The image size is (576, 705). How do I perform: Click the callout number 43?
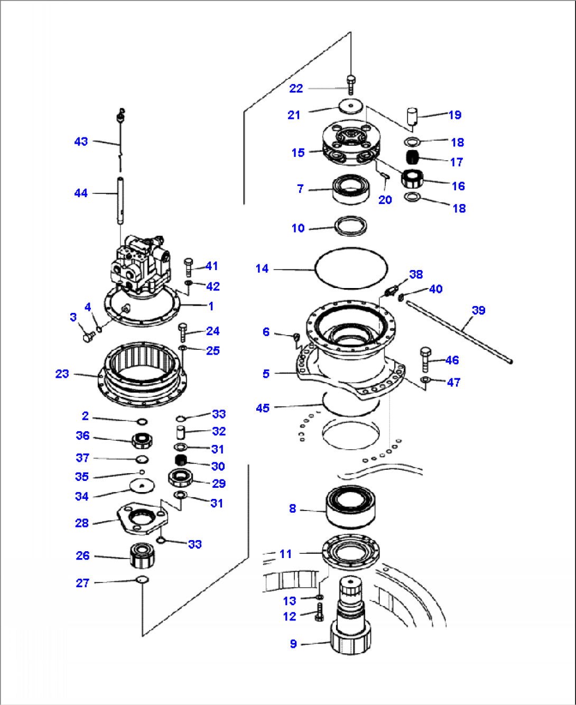(x=81, y=142)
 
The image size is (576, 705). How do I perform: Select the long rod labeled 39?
(x=460, y=331)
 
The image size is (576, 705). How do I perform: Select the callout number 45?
(x=263, y=408)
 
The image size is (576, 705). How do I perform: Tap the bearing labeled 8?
(x=351, y=507)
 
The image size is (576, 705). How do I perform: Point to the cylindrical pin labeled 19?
(x=412, y=116)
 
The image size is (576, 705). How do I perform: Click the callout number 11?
(x=285, y=554)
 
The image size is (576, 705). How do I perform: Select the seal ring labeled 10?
(x=351, y=226)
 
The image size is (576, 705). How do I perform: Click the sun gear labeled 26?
(x=142, y=555)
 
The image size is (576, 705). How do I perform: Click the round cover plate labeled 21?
(x=351, y=107)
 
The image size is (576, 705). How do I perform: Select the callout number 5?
(x=266, y=374)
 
